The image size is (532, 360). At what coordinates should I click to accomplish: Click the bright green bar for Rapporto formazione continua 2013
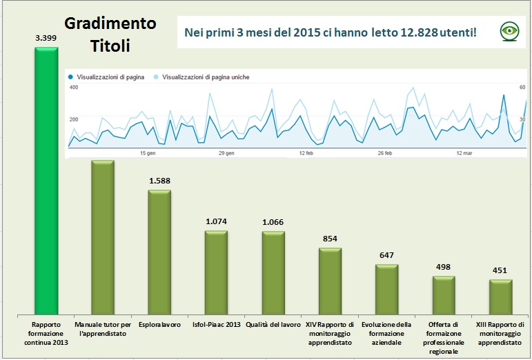tap(46, 179)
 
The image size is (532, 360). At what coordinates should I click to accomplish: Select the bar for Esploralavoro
tap(159, 252)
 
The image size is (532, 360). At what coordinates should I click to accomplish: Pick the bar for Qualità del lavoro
tap(273, 272)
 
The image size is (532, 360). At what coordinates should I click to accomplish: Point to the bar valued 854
tap(330, 280)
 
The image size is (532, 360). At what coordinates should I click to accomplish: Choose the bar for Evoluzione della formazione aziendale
tap(386, 288)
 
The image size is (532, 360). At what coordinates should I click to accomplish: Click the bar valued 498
tap(443, 294)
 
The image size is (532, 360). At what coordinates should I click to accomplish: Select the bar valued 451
tap(500, 297)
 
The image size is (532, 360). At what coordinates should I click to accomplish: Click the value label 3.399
tap(46, 39)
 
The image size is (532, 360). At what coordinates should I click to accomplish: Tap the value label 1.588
tap(159, 181)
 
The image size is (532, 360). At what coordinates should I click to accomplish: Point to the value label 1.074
tap(216, 221)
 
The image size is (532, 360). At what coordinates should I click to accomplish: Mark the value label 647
tap(386, 255)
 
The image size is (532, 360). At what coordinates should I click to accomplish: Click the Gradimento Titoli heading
tap(110, 34)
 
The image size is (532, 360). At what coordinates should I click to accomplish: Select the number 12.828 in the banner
tap(421, 32)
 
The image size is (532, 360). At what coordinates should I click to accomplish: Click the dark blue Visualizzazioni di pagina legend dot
tap(71, 77)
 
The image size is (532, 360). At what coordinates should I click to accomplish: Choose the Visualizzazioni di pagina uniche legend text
tap(206, 77)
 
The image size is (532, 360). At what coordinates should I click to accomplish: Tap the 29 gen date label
tap(226, 152)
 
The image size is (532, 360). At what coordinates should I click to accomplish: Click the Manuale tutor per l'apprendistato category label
tap(103, 329)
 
